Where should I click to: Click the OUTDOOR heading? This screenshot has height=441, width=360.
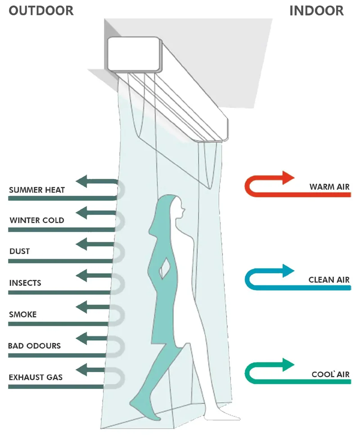41,11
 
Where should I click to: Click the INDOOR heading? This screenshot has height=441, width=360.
316,11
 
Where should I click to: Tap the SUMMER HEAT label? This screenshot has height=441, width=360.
37,190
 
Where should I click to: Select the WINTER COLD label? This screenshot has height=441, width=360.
37,220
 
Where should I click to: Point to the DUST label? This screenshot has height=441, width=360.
19,251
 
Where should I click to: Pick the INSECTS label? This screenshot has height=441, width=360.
25,283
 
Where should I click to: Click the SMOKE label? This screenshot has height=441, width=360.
23,314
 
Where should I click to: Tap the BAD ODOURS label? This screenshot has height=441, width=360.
34,346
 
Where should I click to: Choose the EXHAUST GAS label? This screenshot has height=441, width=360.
36,377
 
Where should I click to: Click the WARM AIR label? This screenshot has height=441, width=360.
329,187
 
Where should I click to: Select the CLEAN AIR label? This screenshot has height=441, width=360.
329,280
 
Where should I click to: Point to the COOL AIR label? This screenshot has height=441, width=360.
330,374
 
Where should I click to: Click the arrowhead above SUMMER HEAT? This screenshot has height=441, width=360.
81,182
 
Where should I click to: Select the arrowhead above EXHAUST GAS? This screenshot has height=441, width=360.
81,370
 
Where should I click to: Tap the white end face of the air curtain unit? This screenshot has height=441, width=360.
133,54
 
